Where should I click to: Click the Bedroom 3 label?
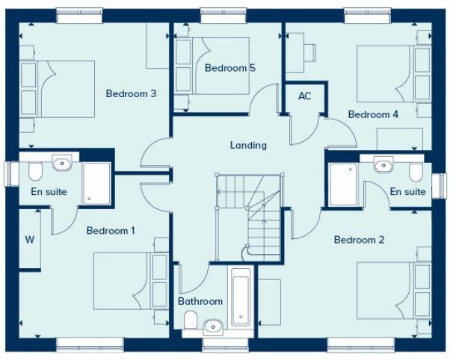131,94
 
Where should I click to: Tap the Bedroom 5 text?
230,68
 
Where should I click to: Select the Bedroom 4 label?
373,114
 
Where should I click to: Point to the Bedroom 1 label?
111,230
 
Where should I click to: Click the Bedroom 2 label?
359,240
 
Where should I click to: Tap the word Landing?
248,145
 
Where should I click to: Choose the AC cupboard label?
304,96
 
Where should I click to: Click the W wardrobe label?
30,240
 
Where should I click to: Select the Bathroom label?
200,301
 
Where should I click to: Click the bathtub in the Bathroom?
241,297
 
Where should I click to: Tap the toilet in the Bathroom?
191,320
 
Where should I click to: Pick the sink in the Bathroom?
213,326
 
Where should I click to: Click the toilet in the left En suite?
35,173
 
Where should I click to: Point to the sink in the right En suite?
383,164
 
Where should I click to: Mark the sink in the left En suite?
62,164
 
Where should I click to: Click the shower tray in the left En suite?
96,182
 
